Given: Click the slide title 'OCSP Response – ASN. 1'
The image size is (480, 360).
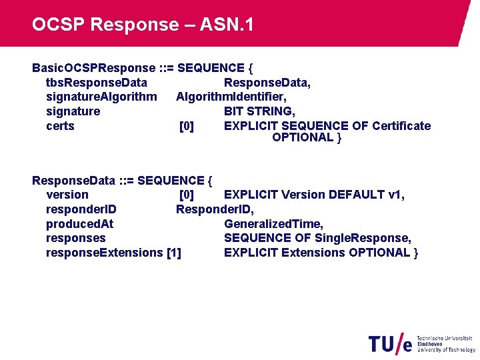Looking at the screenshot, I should point(143,25).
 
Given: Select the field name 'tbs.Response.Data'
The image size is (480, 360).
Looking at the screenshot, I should point(97,83).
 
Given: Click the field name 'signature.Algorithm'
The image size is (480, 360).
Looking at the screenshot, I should point(101,97).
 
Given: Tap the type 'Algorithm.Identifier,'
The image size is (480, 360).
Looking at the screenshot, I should point(231,97).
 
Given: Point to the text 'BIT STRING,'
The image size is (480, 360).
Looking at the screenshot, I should point(259,111).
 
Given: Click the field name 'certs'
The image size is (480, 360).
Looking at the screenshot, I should point(60,126).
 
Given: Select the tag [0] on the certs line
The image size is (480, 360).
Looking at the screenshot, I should point(187,126).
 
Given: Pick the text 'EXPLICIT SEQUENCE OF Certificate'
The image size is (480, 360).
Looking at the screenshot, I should point(327,126).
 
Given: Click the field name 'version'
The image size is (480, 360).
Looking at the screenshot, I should point(67,195).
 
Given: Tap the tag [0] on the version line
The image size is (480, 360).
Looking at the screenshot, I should point(187,195).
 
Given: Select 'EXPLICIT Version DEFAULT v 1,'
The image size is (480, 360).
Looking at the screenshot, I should point(315,195).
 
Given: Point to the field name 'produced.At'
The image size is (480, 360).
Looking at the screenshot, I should point(79,224).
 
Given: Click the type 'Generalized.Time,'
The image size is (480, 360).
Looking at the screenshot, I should point(274,224).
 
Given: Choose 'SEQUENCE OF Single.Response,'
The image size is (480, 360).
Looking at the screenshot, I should point(317,238).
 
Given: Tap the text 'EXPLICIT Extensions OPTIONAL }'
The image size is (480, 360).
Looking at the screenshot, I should point(321,253).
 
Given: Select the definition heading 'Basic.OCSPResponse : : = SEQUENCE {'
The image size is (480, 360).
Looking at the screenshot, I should point(143,68).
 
